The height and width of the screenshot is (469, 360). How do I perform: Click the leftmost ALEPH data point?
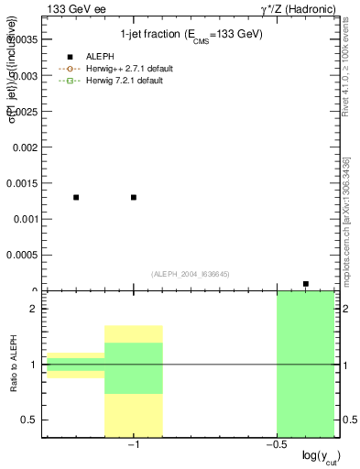(76, 197)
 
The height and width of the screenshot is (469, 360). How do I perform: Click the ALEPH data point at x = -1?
(134, 197)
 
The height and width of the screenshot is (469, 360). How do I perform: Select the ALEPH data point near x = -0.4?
(306, 284)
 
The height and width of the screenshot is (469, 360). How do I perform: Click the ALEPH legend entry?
(94, 57)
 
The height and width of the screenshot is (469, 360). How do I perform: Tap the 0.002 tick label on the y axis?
(24, 147)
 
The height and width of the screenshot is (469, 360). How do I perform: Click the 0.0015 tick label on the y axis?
(22, 183)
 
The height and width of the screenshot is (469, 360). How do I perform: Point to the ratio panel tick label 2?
(33, 310)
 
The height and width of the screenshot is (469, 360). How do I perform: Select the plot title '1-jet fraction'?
(191, 35)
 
